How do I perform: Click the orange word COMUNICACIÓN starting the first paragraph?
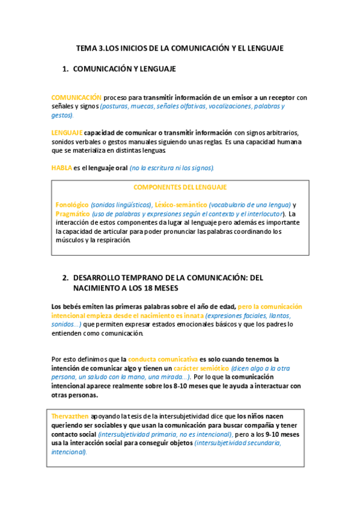76,97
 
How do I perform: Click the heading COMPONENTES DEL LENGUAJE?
180,187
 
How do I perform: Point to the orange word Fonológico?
72,205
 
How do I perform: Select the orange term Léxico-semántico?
180,205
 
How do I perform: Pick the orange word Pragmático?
72,214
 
